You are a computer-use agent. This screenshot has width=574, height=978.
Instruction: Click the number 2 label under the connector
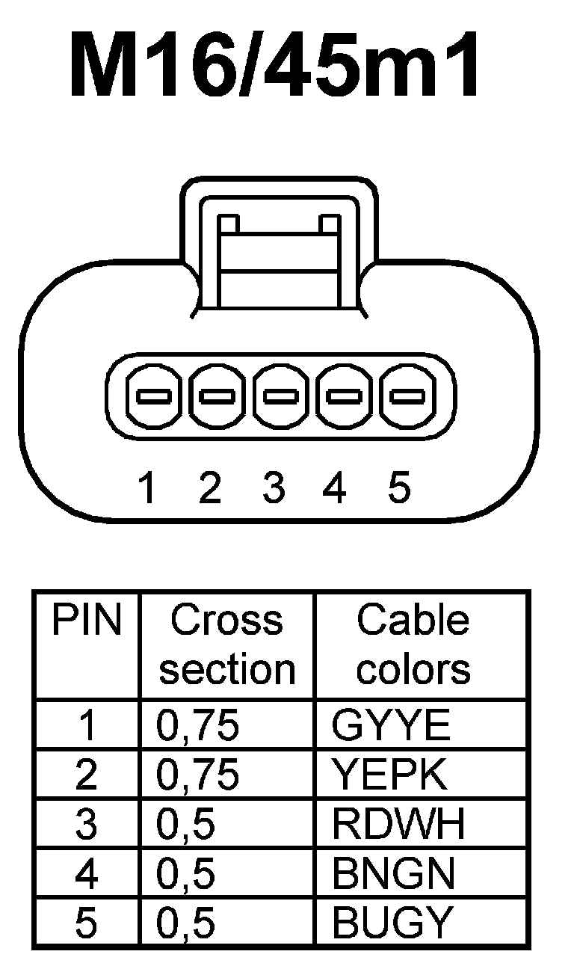(x=210, y=488)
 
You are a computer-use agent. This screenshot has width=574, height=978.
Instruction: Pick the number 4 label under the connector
(x=334, y=488)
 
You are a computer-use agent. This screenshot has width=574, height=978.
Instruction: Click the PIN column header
(x=86, y=621)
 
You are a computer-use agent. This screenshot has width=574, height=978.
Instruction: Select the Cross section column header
(x=227, y=645)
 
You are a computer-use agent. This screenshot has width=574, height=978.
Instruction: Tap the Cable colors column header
(x=413, y=645)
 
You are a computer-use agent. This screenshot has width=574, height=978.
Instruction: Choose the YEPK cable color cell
(x=390, y=775)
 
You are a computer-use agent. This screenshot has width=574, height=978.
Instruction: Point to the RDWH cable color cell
(x=398, y=824)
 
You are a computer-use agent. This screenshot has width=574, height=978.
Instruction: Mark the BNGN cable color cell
(x=393, y=873)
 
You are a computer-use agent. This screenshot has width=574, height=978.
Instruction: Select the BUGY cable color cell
(x=393, y=923)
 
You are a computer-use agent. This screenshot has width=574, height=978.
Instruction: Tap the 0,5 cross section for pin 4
(x=186, y=873)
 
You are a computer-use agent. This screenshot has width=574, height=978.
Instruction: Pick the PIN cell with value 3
(x=86, y=824)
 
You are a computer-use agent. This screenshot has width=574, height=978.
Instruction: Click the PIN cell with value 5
(x=86, y=923)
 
